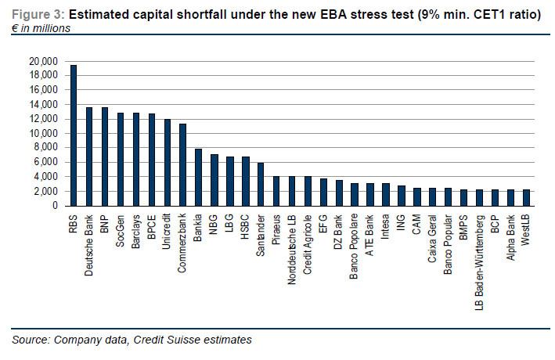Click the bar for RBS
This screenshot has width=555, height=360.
pos(73,135)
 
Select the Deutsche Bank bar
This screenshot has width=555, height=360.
pos(88,157)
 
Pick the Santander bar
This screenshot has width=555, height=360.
pos(261,184)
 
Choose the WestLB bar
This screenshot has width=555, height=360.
pos(526,197)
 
